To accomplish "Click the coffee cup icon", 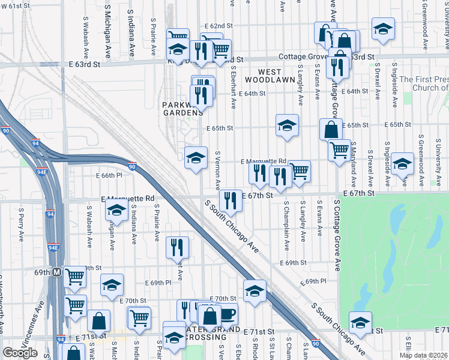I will pyautogui.click(x=228, y=314).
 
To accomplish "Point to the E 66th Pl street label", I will pyautogui.click(x=109, y=175).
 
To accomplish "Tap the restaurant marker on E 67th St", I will pyautogui.click(x=231, y=200).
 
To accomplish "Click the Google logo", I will pyautogui.click(x=20, y=353).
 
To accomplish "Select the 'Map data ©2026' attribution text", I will pyautogui.click(x=424, y=355).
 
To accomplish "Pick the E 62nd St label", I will pyautogui.click(x=218, y=26).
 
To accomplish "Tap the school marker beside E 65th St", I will pyautogui.click(x=288, y=125).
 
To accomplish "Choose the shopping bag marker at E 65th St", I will pyautogui.click(x=331, y=129).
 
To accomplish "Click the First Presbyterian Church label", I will pyautogui.click(x=424, y=83).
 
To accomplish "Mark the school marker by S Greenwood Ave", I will pyautogui.click(x=403, y=163).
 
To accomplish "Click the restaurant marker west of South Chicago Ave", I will pyautogui.click(x=177, y=247).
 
